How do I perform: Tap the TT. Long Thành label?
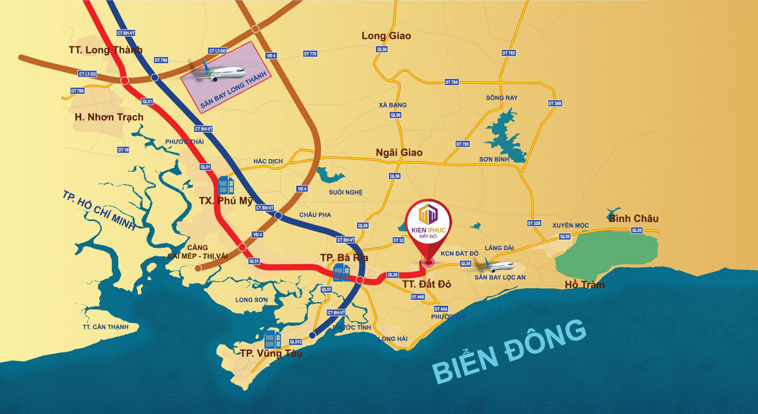click(x=106, y=50)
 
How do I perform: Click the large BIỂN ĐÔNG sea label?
click(x=509, y=350)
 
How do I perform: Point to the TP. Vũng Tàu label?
click(x=271, y=353)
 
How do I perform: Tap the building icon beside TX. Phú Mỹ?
click(x=226, y=185)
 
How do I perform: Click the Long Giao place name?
click(x=386, y=36)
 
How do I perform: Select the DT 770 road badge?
click(x=310, y=53)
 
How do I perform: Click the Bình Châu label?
click(x=633, y=218)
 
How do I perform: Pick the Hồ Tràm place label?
click(x=585, y=285)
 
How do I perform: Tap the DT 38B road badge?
click(x=555, y=103)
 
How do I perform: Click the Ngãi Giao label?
click(x=399, y=153)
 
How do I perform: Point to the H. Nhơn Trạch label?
click(x=109, y=117)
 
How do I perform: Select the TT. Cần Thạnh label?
click(x=106, y=327)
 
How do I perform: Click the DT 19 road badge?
click(x=123, y=150)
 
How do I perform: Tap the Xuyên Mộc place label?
click(x=571, y=225)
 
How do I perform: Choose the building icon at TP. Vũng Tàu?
click(x=272, y=340)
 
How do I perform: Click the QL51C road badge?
click(x=296, y=342)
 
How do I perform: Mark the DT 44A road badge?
click(x=441, y=308)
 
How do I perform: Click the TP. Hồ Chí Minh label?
click(x=98, y=211)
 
